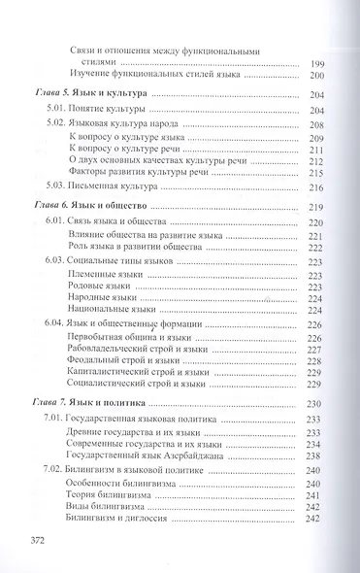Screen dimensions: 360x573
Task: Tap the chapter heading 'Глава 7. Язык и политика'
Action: coord(86,401)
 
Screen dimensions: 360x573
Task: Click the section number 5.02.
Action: coord(59,123)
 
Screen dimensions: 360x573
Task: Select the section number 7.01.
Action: coord(60,421)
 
